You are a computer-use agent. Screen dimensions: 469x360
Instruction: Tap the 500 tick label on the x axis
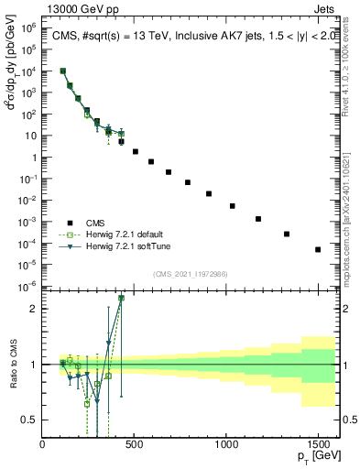[x=135, y=445]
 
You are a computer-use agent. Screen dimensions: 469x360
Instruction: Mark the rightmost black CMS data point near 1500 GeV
[x=318, y=249]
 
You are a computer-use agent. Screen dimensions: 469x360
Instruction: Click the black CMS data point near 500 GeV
[x=136, y=151]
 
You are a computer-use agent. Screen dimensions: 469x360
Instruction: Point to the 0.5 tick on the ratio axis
[x=34, y=420]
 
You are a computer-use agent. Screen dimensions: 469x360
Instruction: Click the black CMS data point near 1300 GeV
[x=287, y=234]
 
